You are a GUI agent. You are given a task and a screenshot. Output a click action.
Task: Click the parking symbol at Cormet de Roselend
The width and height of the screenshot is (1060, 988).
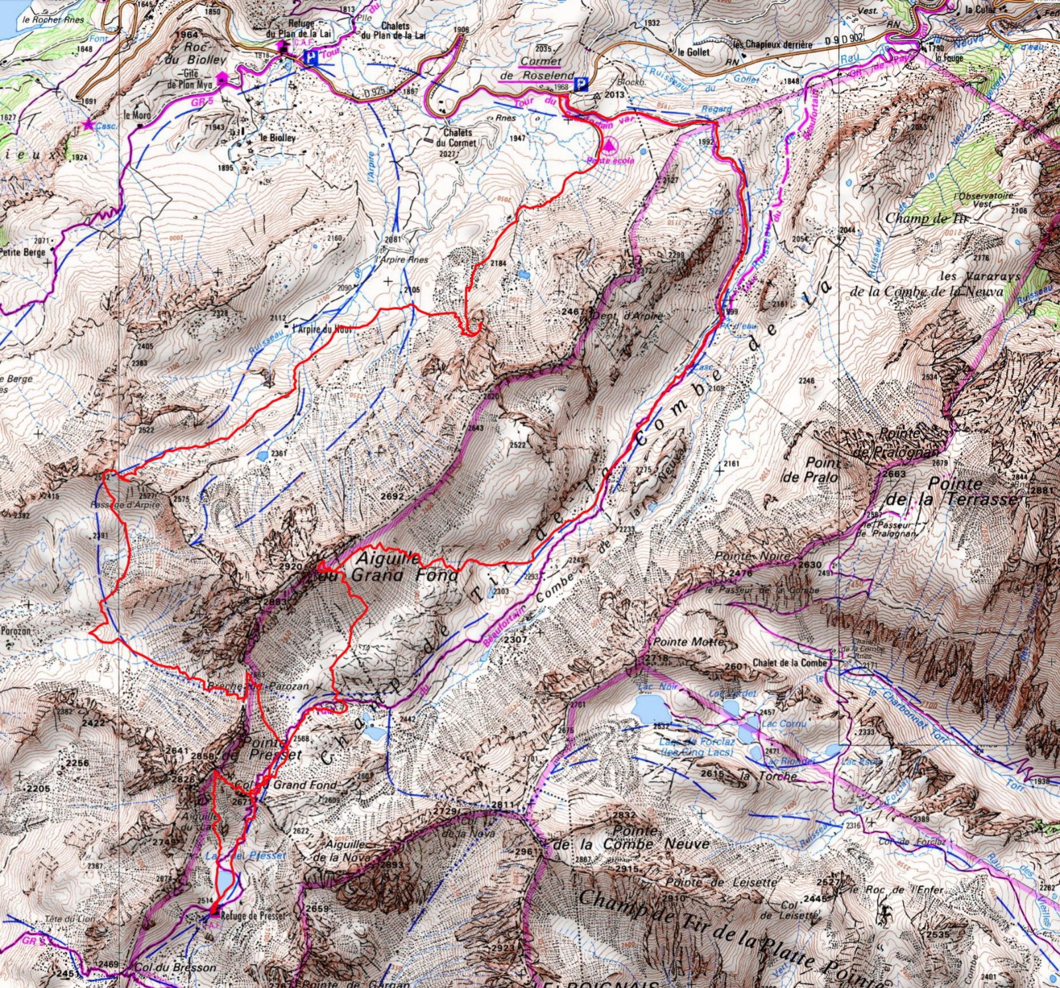pos(582,83)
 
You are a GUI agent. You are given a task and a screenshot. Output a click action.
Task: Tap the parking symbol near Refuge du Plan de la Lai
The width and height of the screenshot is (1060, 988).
pos(309,58)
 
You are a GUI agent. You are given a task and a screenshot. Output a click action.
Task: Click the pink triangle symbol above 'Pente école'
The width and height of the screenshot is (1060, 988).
pos(609,144)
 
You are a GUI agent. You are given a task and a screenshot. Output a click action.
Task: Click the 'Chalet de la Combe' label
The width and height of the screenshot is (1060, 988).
pos(790,663)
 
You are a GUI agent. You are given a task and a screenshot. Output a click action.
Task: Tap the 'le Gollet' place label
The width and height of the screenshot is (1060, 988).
pos(693,51)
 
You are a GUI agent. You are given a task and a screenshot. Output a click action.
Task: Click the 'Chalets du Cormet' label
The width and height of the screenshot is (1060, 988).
pos(458,137)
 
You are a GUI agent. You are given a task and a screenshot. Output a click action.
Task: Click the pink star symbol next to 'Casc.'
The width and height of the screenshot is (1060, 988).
pos(87,124)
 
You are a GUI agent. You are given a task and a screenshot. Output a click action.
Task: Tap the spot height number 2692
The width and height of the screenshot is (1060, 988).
pos(393,496)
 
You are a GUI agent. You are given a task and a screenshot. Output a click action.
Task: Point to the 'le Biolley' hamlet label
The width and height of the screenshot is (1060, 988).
pos(278,138)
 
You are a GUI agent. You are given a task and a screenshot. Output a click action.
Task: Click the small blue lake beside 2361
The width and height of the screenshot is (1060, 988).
pos(262,455)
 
